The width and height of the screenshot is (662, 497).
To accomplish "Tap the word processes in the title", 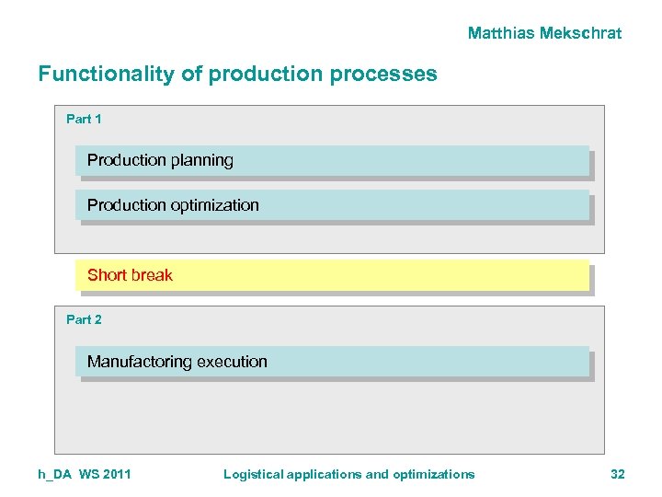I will (x=390, y=74).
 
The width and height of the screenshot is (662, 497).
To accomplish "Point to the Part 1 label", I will (x=84, y=119).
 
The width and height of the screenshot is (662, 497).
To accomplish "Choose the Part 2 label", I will (x=84, y=319).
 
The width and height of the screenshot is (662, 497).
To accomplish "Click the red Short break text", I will (x=130, y=275).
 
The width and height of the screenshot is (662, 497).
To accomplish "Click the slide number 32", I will (x=617, y=474).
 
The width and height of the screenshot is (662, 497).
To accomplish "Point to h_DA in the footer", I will (x=55, y=474).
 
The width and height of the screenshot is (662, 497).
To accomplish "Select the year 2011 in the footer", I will (x=116, y=474).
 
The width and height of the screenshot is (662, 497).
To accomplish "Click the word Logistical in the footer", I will (x=254, y=474).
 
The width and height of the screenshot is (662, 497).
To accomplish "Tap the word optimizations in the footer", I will (x=434, y=474).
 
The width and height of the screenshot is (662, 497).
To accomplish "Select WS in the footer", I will (x=88, y=474).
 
